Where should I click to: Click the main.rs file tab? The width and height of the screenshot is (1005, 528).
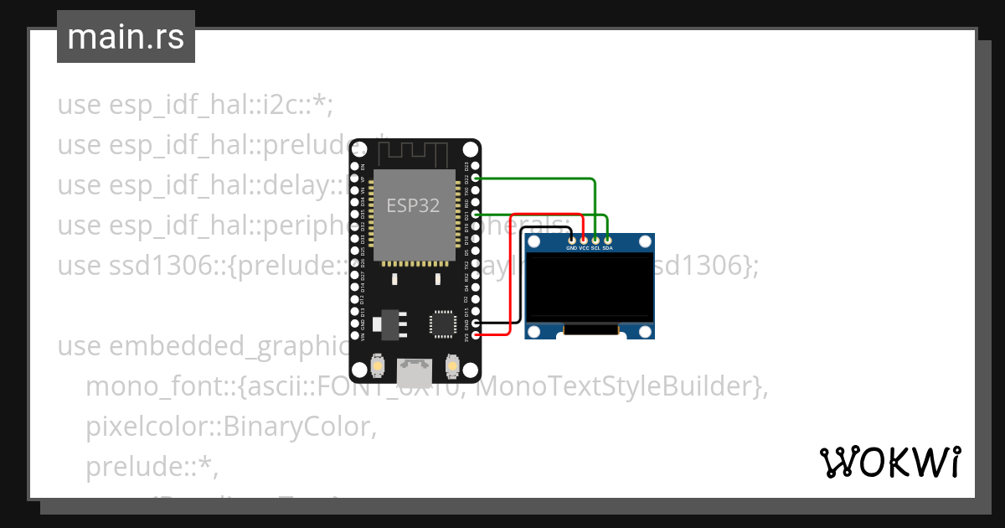click(126, 37)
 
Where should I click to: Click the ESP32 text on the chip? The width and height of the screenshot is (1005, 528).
click(412, 205)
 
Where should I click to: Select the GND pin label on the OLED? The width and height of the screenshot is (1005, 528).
click(572, 248)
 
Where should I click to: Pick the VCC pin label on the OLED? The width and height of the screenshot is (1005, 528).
click(584, 248)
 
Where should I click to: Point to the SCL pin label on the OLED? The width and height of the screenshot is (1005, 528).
click(595, 248)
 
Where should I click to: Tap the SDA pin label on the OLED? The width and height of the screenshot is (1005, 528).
click(607, 248)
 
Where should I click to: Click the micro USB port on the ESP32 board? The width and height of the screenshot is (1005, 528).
click(414, 367)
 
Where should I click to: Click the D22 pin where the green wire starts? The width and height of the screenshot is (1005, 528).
click(476, 178)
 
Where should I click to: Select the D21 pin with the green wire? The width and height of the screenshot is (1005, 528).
click(476, 215)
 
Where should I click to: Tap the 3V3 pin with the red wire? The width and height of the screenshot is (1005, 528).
click(476, 335)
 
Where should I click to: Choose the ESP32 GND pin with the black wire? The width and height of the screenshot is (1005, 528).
click(476, 323)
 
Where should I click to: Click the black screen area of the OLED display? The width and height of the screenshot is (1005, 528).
click(590, 287)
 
